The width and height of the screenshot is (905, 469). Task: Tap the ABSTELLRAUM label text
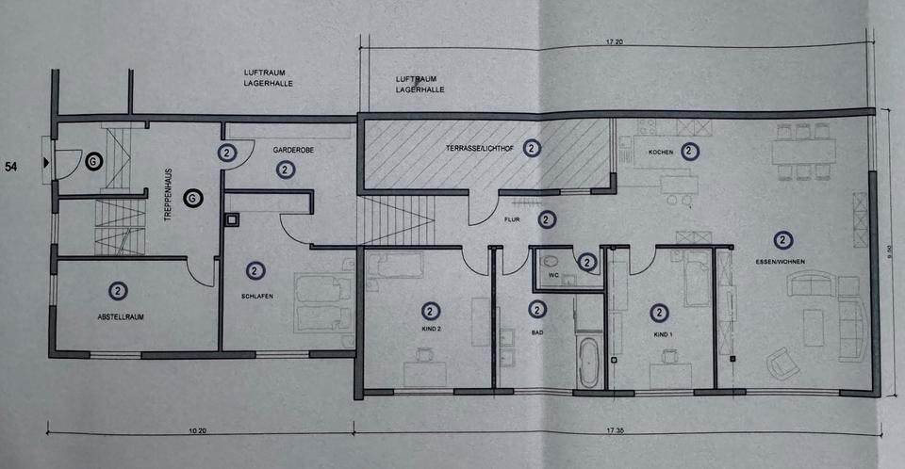click(118, 315)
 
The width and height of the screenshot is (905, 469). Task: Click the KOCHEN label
click(660, 151)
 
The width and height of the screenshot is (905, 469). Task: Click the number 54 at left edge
click(12, 167)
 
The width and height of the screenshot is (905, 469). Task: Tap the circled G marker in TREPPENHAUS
click(191, 199)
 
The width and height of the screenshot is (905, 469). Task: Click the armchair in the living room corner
click(781, 361)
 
